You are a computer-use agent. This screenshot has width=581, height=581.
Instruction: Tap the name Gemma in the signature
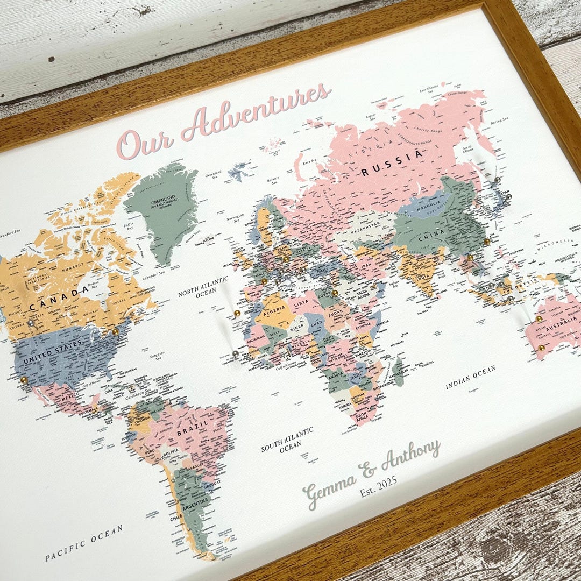(329, 488)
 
